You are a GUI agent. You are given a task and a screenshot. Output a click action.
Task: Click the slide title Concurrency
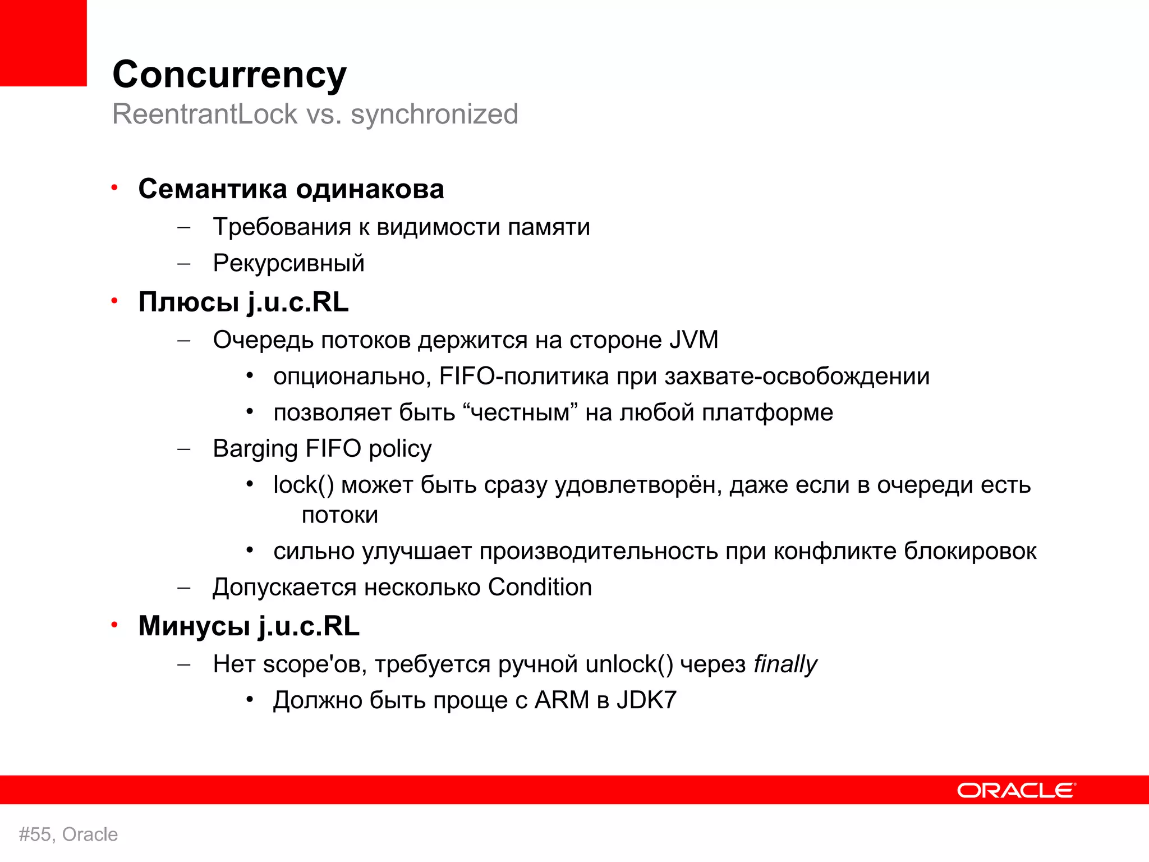pos(229,75)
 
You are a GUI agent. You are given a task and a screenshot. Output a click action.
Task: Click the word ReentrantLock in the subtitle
pos(205,114)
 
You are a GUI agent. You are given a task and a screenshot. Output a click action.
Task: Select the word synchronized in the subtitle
pos(434,114)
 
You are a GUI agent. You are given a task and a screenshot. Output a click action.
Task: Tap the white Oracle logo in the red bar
pos(1016,790)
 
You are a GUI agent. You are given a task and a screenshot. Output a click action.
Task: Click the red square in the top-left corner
pos(43,43)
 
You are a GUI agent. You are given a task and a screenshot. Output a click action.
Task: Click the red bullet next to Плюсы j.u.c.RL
pos(114,301)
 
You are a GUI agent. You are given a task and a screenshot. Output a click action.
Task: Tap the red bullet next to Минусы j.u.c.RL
pos(114,625)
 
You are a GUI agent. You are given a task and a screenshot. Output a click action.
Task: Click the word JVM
pos(693,340)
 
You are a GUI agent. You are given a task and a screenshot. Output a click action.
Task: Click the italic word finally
pos(785,664)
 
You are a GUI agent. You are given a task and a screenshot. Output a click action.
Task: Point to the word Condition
pos(540,588)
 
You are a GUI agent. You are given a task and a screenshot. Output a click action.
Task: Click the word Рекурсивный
pos(288,263)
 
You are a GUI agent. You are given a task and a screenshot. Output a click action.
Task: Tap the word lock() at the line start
pos(304,485)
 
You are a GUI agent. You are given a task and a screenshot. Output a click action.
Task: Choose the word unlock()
pos(629,664)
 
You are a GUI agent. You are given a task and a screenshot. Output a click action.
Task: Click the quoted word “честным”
pos(521,413)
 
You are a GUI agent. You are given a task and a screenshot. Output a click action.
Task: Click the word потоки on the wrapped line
pos(339,515)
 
